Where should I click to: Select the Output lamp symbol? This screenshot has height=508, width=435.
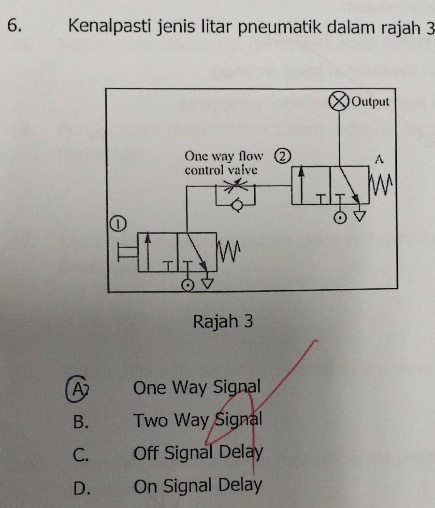(339, 102)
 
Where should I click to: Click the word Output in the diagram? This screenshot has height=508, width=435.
(371, 102)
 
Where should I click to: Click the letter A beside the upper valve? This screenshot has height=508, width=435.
(379, 159)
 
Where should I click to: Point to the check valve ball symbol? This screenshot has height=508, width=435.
(236, 206)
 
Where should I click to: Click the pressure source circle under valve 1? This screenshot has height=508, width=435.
(186, 284)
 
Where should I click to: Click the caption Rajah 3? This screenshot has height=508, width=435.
(223, 321)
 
